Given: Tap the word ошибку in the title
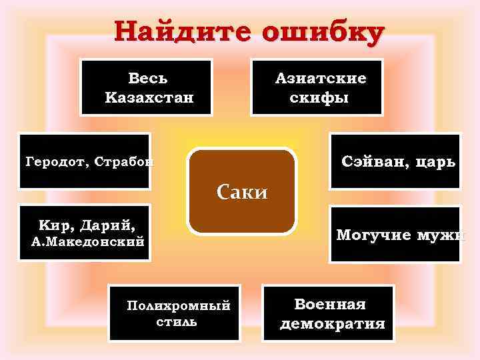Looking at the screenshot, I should tap(324, 31).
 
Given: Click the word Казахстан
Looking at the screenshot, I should tap(149, 98).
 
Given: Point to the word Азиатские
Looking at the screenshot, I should tap(321, 79).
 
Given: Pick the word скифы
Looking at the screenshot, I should tap(319, 98).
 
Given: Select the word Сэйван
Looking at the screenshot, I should tap(372, 161).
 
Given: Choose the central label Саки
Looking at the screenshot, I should tap(242, 192).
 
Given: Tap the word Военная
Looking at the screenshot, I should tap(331, 305).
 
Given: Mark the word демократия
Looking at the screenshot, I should tap(333, 325).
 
